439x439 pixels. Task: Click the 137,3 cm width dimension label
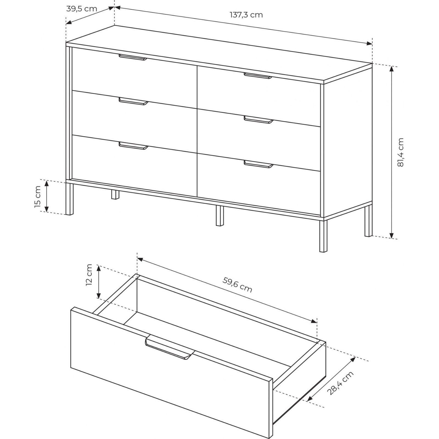pos(246,15)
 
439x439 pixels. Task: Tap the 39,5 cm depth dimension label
pos(82,9)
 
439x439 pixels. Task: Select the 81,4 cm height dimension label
pos(401,153)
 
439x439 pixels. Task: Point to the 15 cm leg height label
pos(38,197)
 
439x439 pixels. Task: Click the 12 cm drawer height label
pos(89,275)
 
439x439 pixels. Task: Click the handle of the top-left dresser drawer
pos(133,57)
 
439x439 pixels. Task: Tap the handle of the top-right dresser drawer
pos(258,76)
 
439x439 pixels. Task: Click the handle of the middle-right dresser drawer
pos(259,120)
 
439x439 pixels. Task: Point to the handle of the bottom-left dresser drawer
pos(133,146)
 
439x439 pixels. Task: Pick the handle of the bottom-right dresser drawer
pos(259,164)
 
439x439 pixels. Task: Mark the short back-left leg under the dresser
pos(116,194)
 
